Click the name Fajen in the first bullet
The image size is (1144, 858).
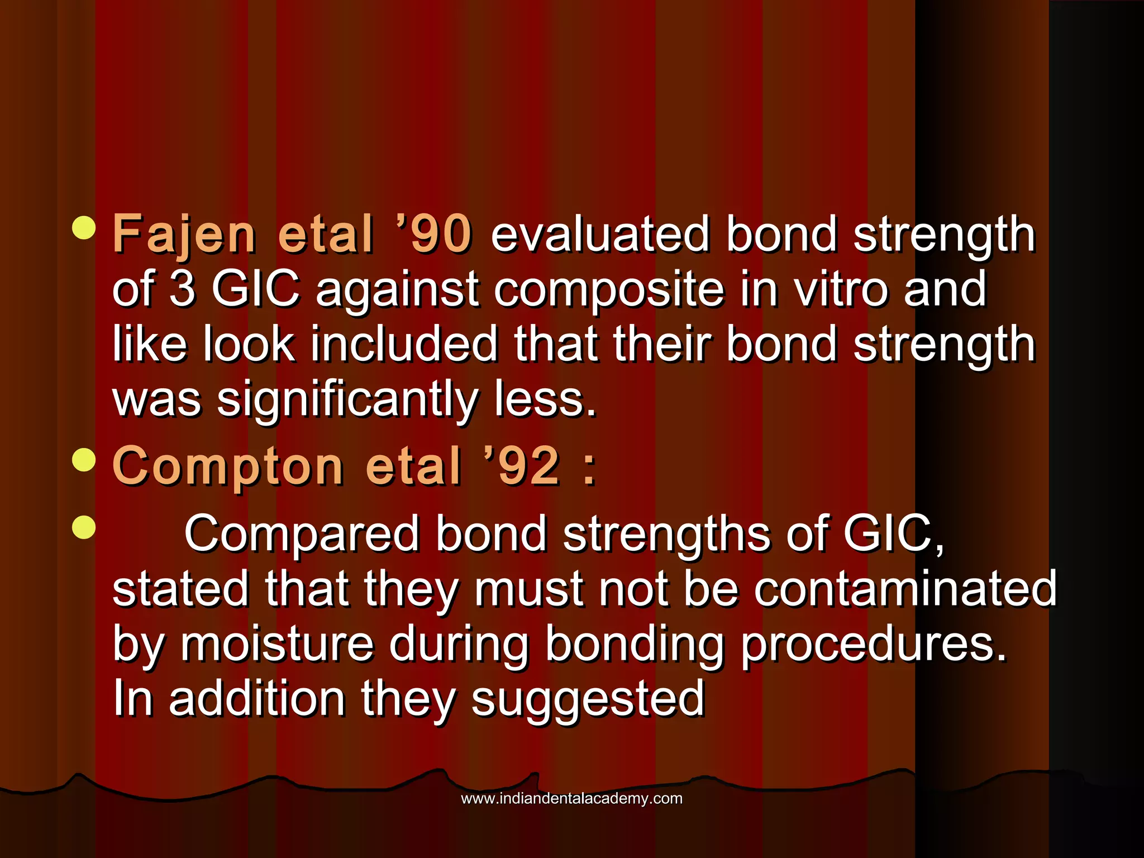point(184,235)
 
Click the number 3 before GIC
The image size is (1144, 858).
point(182,289)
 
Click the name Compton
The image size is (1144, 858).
point(228,466)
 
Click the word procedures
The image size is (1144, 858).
point(874,645)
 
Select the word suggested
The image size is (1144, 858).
point(588,699)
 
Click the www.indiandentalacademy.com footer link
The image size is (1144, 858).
point(571,798)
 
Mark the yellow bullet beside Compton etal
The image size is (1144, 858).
point(84,460)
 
